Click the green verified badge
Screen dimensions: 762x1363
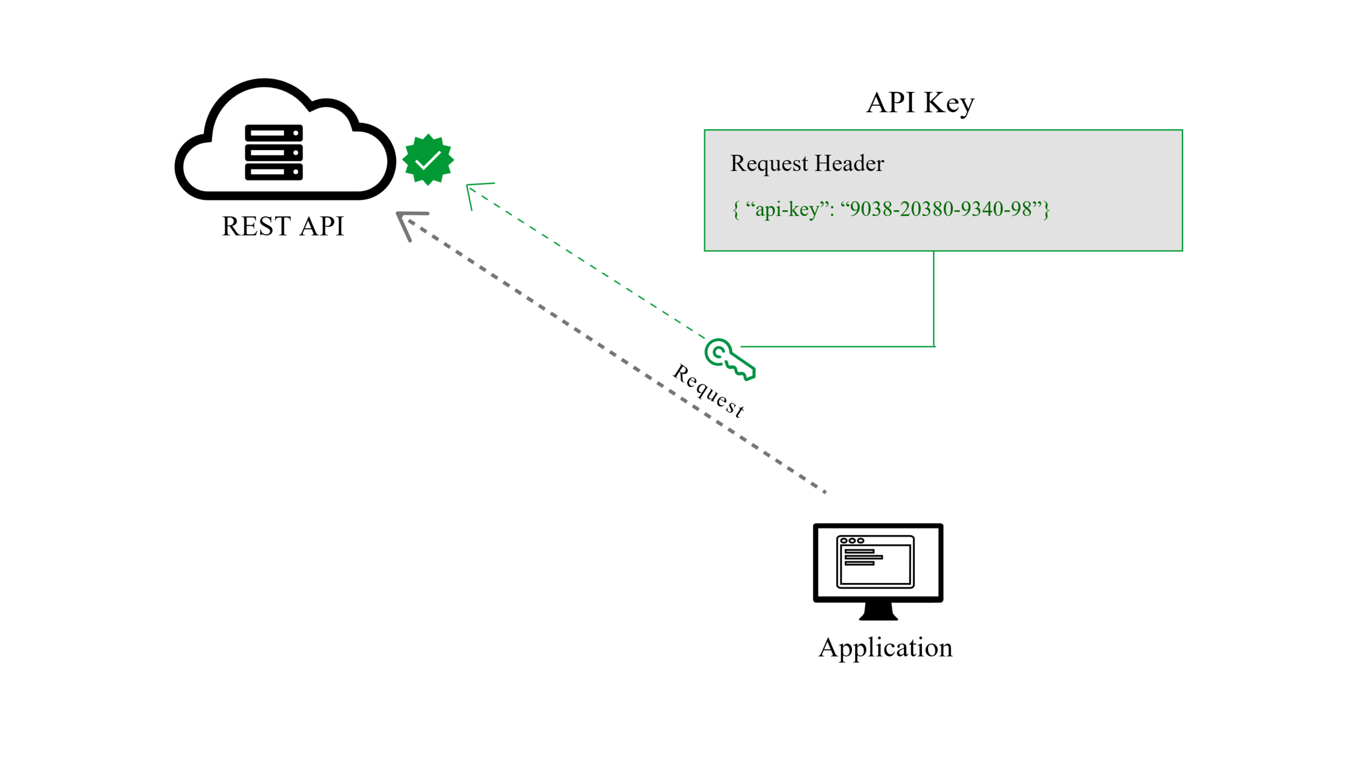pyautogui.click(x=428, y=160)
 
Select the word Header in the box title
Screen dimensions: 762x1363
pyautogui.click(x=849, y=164)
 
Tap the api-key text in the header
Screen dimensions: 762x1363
pyautogui.click(x=787, y=209)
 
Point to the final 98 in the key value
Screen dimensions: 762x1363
pyautogui.click(x=1021, y=209)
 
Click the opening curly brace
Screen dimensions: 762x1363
pyautogui.click(x=736, y=210)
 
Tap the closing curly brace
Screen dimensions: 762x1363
pyautogui.click(x=1047, y=210)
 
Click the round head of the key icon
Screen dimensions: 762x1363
pyautogui.click(x=718, y=352)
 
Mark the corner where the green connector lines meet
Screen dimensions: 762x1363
pyautogui.click(x=934, y=347)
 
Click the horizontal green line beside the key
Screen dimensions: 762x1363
pyautogui.click(x=835, y=347)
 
